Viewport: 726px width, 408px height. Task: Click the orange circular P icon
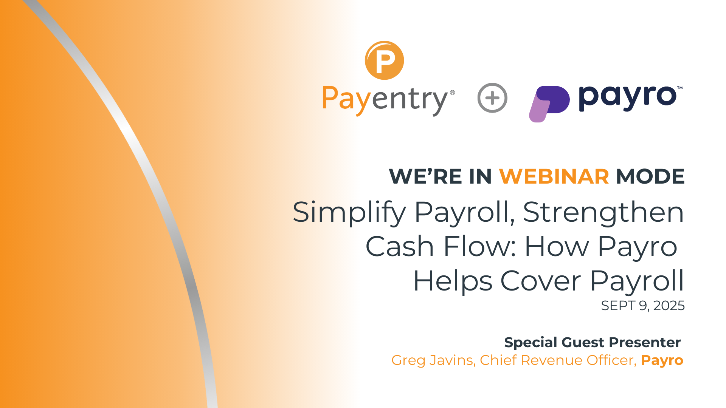tap(384, 60)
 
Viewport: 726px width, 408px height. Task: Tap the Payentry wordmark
tap(385, 100)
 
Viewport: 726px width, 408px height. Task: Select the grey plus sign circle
tap(492, 98)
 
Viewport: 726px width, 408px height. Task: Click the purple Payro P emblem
tap(549, 104)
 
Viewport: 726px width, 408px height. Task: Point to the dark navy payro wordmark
tap(628, 98)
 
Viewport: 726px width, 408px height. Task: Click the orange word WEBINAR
tap(554, 176)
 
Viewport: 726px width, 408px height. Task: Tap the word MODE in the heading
tap(650, 176)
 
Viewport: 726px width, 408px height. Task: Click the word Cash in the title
tap(399, 246)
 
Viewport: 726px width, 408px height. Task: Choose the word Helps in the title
tap(453, 282)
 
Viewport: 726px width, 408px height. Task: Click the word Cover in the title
tap(541, 281)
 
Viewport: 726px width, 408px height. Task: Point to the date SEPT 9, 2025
tap(643, 306)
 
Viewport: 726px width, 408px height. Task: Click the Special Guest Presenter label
tap(593, 342)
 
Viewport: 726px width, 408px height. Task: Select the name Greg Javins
tap(433, 360)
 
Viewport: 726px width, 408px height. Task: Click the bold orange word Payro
tap(662, 361)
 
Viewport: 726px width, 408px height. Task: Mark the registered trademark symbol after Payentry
tap(452, 93)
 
